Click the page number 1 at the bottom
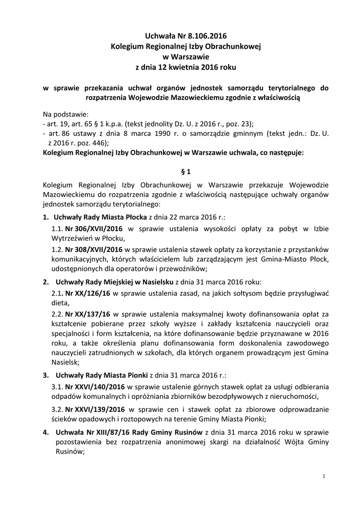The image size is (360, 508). pyautogui.click(x=323, y=477)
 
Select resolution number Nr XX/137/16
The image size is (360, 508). pyautogui.click(x=87, y=314)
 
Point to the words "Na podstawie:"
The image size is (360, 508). pyautogui.click(x=65, y=114)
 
